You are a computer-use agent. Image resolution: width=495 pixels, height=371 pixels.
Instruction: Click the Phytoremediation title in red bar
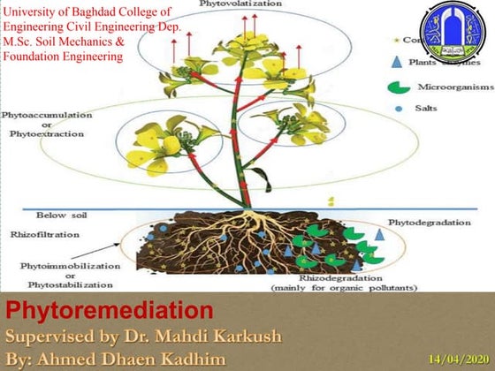[x=110, y=311]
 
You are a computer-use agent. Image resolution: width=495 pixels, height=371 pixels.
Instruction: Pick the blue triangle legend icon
[x=400, y=61]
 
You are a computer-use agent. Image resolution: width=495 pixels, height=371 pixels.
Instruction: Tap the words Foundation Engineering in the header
[x=63, y=55]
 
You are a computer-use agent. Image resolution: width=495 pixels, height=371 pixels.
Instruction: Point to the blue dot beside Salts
[x=400, y=109]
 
